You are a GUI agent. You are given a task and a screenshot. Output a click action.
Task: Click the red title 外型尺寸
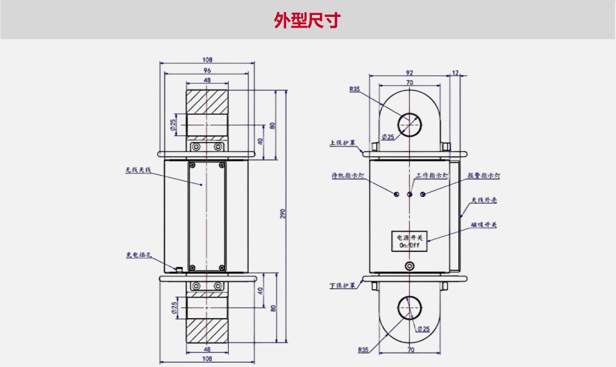click(307, 20)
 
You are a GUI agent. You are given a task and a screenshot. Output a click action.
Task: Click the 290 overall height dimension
click(284, 214)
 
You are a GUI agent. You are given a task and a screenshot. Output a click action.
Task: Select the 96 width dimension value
click(207, 70)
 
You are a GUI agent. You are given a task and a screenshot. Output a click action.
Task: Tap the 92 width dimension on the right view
click(409, 73)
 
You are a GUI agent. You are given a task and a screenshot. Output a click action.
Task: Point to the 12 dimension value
click(455, 73)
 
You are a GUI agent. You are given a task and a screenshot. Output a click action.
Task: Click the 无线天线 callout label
click(138, 170)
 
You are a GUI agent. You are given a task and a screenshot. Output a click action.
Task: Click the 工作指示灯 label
click(432, 176)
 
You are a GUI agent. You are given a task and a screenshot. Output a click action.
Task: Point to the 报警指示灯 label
click(484, 176)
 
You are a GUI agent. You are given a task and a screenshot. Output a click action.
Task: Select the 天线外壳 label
click(484, 200)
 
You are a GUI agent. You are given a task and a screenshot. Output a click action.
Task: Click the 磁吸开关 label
click(484, 225)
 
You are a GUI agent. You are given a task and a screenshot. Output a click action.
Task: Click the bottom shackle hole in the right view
click(410, 308)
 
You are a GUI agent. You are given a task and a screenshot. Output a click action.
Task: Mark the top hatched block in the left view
click(207, 102)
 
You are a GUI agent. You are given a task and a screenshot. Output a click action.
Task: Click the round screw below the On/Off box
click(410, 265)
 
